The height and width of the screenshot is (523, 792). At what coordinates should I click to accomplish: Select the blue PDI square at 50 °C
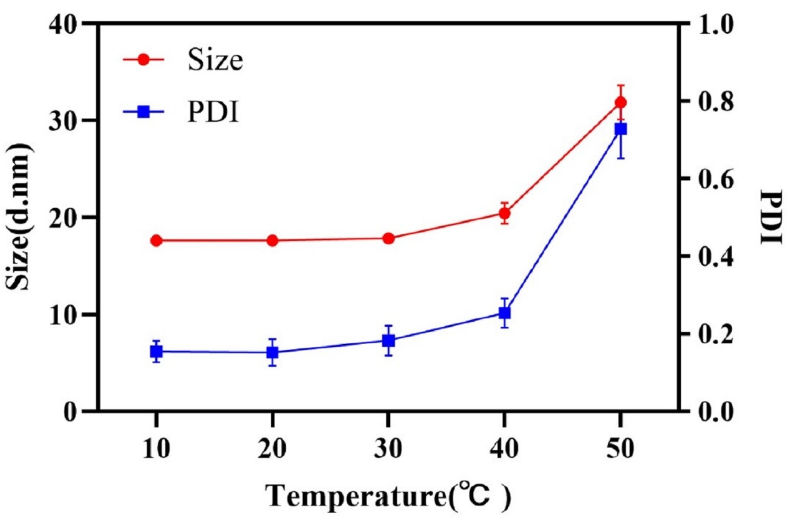pos(621,129)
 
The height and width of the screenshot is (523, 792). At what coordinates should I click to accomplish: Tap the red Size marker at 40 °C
pos(504,213)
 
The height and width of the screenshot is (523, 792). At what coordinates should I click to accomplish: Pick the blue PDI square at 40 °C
pos(504,313)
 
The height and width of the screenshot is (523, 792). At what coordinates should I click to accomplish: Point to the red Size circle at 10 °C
pos(156,241)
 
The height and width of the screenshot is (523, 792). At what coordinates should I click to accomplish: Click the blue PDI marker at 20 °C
pos(273,353)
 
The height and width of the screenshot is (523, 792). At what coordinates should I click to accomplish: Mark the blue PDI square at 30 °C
pos(388,341)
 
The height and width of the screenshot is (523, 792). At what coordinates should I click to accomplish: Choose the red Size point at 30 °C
pos(388,238)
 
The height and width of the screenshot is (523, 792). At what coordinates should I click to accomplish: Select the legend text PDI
pos(213,114)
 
